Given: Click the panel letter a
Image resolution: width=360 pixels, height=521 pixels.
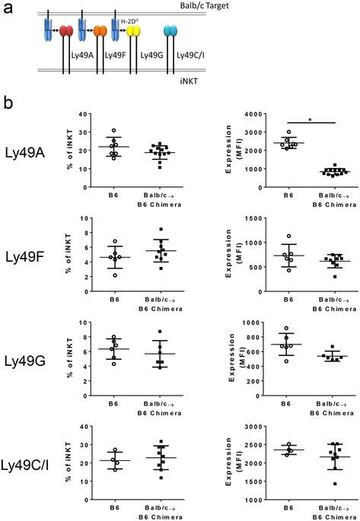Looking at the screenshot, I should (x=7, y=10).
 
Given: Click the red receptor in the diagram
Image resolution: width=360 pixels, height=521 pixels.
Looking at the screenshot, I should (x=66, y=31).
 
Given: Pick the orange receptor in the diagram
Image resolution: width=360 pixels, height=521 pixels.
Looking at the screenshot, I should (x=100, y=31).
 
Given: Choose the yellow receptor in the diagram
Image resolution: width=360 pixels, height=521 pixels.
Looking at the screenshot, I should (x=134, y=31).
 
